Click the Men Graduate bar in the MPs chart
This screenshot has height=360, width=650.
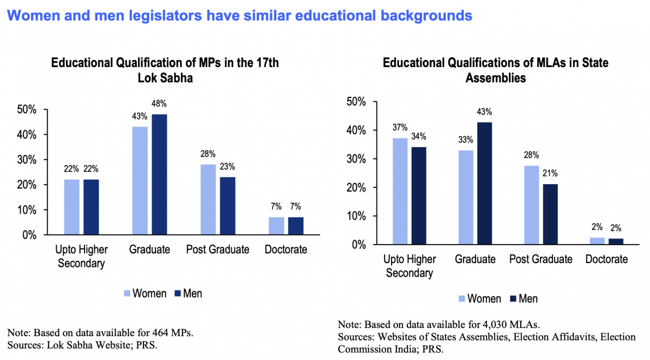[x=159, y=174]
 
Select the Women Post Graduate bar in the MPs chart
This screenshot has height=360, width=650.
[x=208, y=199]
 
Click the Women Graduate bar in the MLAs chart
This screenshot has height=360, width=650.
[x=466, y=197]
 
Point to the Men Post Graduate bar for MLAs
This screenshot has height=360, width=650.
[x=550, y=214]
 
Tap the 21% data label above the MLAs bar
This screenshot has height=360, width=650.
[x=550, y=174]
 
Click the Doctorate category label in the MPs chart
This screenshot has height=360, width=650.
[x=286, y=250]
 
